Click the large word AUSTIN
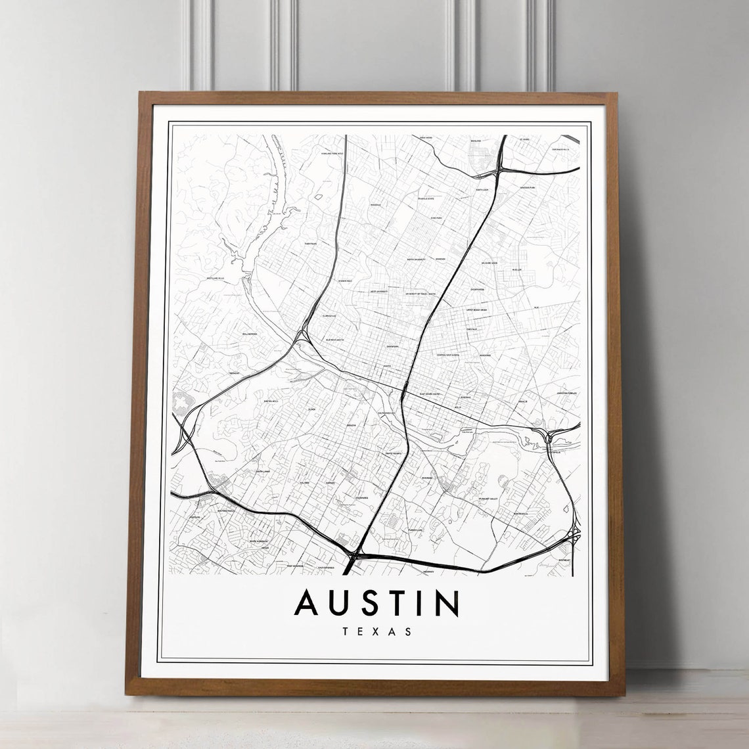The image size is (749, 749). [376, 603]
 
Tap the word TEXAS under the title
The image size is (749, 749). [376, 632]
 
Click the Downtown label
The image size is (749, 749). [393, 346]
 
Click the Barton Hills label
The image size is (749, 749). [271, 399]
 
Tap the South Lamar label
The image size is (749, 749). [263, 471]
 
